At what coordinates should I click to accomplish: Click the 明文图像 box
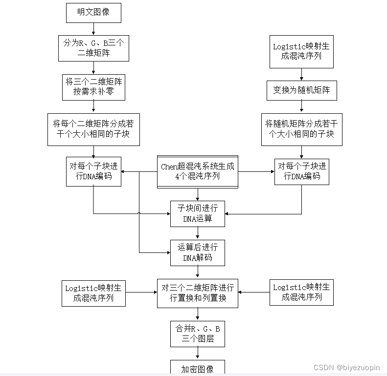pos(93,13)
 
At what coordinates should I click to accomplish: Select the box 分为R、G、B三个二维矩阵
pos(93,48)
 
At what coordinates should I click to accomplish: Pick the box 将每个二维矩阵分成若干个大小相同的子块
pos(93,129)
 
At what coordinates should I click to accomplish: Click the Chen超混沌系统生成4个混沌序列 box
pos(198,171)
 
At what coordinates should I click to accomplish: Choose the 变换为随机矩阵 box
pos(301,90)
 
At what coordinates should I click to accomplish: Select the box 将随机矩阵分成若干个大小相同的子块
pos(301,129)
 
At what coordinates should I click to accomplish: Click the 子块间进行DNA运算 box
pos(198,213)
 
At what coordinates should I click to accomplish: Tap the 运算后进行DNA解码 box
pos(198,252)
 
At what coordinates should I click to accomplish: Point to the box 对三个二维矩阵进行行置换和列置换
pos(198,292)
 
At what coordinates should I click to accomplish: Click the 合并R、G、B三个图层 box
pos(198,333)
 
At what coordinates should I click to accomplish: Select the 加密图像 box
pos(198,369)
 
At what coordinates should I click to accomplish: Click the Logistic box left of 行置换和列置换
pos(93,292)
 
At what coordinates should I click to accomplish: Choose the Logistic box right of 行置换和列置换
pos(301,292)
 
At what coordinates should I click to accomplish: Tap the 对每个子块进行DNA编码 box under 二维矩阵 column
pos(93,171)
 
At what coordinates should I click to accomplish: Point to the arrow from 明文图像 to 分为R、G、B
pos(93,28)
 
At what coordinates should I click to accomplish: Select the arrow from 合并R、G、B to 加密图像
pos(198,354)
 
